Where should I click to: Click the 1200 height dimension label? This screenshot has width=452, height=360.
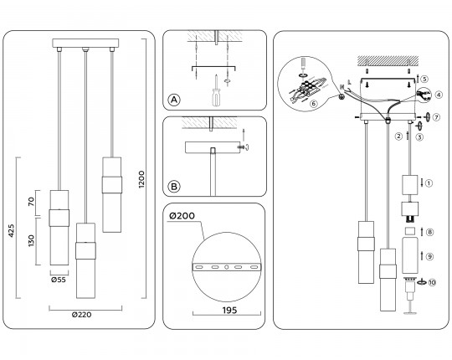tap(141, 179)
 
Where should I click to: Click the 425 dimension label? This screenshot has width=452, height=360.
tap(11, 230)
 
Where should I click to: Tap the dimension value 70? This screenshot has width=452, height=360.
tap(31, 202)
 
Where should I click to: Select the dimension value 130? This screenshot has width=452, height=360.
tap(31, 240)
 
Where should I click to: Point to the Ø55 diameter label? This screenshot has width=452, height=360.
tap(59, 280)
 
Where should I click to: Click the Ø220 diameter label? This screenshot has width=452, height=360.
tap(81, 315)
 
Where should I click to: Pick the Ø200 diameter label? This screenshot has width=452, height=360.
tap(182, 216)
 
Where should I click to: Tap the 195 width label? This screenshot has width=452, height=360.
tap(229, 310)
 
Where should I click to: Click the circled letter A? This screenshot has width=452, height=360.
tap(174, 100)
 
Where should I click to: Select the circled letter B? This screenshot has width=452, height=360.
tap(174, 187)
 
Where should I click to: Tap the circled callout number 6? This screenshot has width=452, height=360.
tap(314, 103)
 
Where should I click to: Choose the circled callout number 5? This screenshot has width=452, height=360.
tap(424, 79)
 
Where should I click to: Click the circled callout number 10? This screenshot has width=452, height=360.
tap(432, 282)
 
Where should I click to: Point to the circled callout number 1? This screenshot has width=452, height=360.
tap(429, 183)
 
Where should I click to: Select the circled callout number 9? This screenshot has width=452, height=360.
tap(429, 256)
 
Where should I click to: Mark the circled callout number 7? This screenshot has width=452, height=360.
tap(436, 117)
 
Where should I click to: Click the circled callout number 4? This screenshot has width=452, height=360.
tap(439, 95)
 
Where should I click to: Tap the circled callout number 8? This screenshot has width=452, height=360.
tap(429, 232)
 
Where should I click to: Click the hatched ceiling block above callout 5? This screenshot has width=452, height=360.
tap(388, 61)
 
